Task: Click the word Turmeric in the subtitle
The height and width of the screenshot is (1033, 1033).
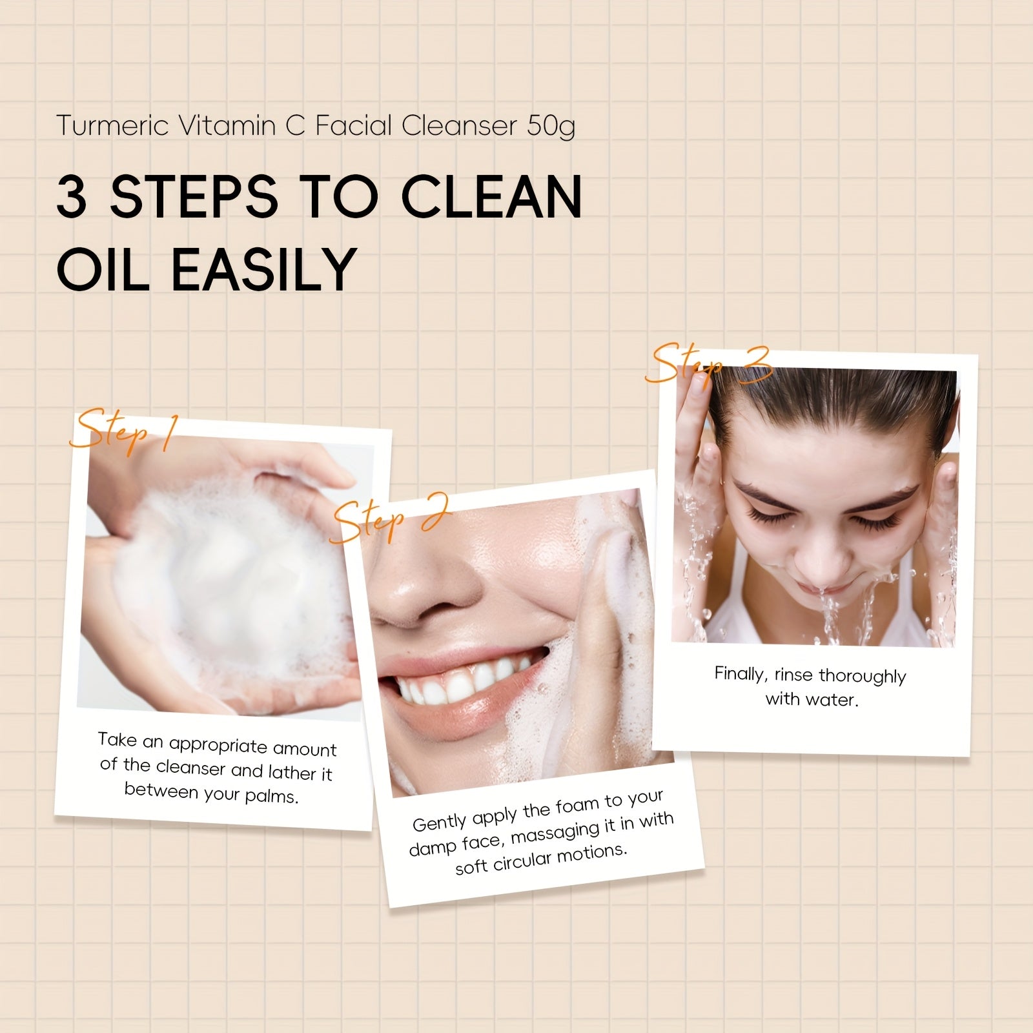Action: [x=114, y=125]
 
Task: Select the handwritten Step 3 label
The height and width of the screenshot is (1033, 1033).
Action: [x=709, y=364]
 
